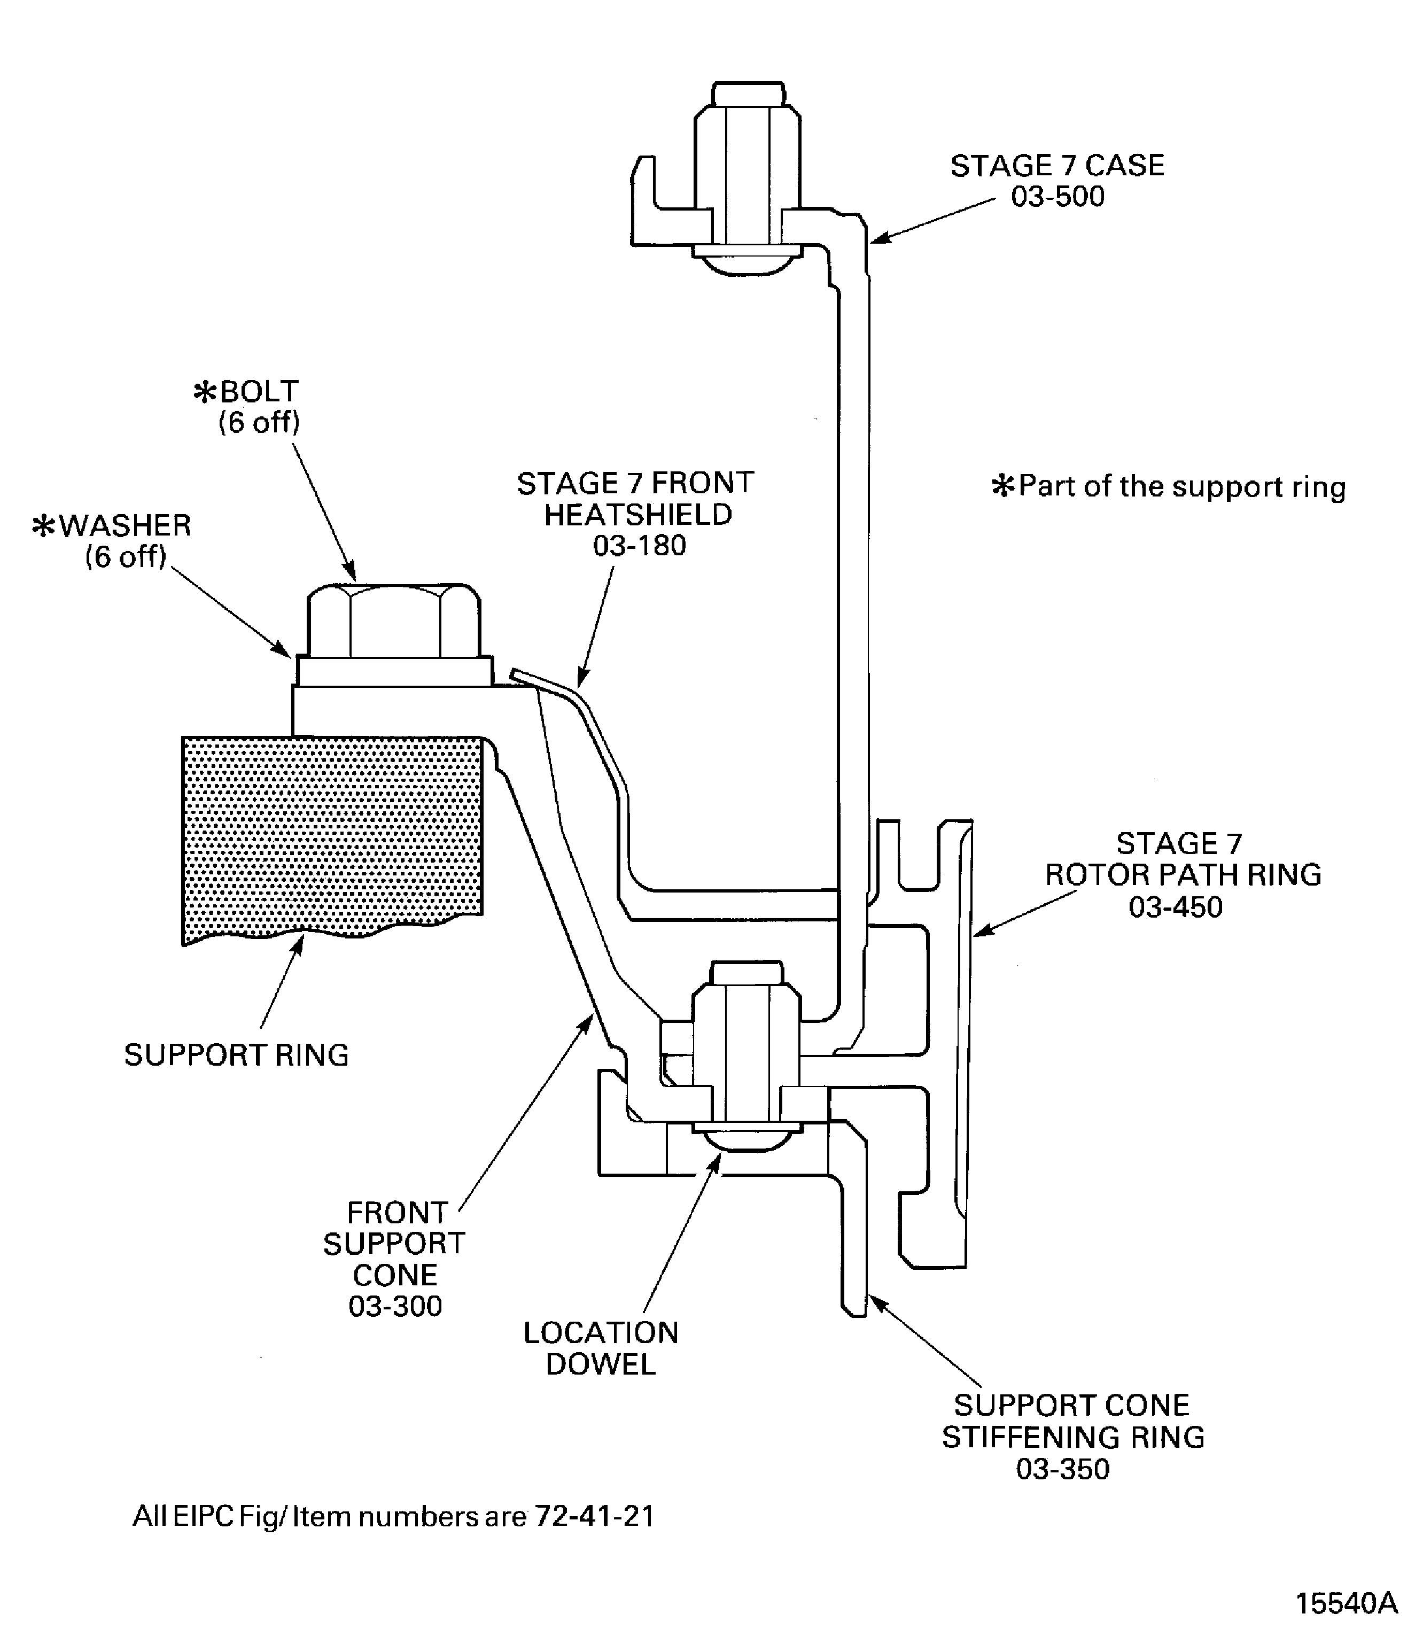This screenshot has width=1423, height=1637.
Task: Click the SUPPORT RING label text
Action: [x=237, y=1055]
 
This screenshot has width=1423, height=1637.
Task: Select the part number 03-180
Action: [x=639, y=546]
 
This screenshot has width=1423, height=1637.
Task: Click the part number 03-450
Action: [x=1175, y=907]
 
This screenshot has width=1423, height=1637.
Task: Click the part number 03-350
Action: [x=1062, y=1469]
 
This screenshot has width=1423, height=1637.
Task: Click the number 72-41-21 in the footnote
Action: [x=595, y=1516]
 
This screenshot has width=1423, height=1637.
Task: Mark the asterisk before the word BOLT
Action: [x=205, y=392]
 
